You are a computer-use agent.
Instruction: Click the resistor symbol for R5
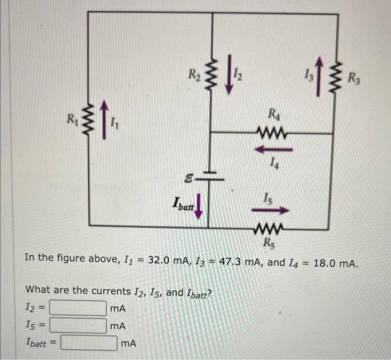click(272, 226)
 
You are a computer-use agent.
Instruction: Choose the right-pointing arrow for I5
click(274, 210)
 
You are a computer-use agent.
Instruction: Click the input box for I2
click(78, 308)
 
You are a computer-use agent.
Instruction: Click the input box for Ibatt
click(89, 342)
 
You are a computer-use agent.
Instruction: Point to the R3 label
click(354, 78)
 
